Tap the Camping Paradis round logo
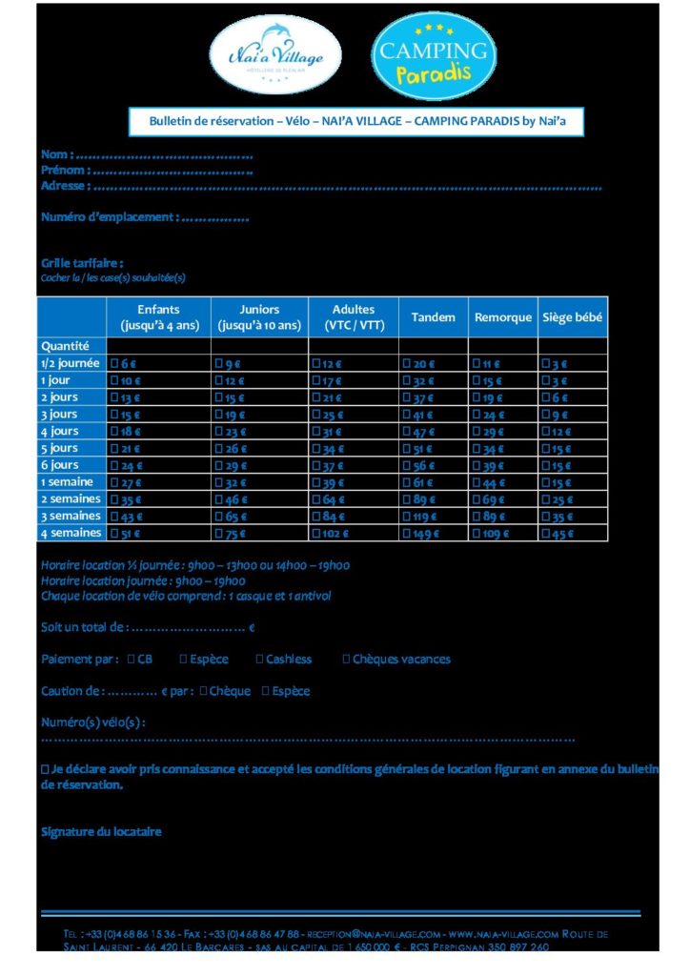pos(434,57)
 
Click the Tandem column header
pos(433,317)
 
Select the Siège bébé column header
pos(572,317)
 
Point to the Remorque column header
pos(502,317)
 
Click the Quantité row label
pos(65,346)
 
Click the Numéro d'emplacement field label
pos(109,217)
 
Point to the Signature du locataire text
pos(101,831)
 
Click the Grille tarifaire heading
pos(82,263)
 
